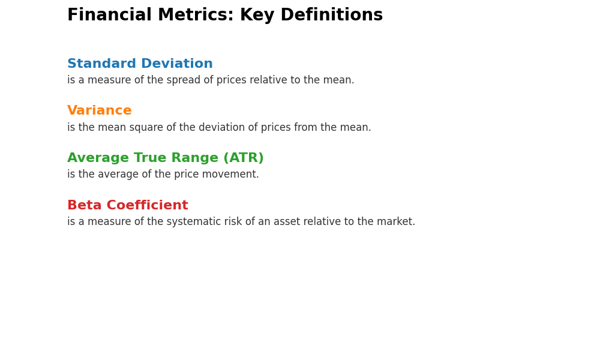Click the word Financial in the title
click(109, 15)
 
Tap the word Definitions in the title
click(332, 15)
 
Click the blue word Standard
click(102, 63)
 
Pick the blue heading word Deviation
click(177, 63)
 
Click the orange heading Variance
click(100, 110)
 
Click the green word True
click(151, 158)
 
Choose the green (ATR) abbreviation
click(244, 158)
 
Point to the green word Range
click(195, 158)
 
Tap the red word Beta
click(85, 205)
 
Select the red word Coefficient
click(148, 205)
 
